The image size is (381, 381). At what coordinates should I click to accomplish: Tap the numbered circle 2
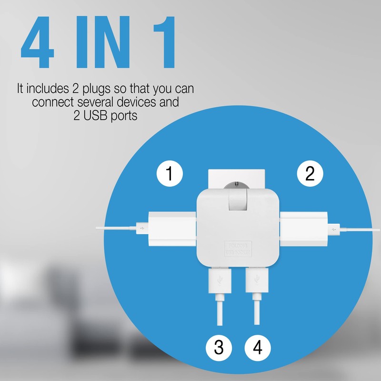310,174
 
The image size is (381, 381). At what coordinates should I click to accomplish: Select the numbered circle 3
219,348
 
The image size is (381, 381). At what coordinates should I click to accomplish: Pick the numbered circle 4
258,348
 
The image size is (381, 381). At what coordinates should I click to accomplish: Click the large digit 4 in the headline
40,45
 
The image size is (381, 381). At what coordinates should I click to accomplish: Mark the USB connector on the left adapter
141,229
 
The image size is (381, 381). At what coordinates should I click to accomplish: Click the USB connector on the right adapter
333,229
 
